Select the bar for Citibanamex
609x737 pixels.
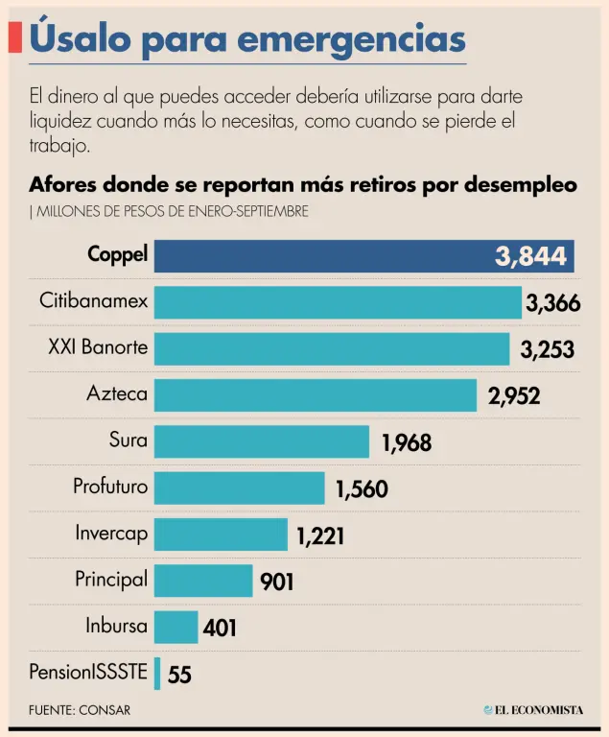coord(338,302)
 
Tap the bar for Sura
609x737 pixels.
coord(262,441)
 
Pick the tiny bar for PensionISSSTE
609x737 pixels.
coord(157,673)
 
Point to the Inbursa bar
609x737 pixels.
coord(176,627)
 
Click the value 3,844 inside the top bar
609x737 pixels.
coord(531,256)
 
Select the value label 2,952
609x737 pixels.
coord(514,395)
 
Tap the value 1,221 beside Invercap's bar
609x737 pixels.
coord(320,535)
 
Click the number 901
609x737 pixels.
coord(276,582)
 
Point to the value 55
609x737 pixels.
coord(179,675)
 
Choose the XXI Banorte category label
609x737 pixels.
coord(98,347)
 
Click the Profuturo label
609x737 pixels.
coord(110,487)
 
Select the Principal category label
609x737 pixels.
coord(111,580)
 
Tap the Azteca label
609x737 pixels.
coord(117,393)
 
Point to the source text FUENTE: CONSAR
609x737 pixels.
coord(80,710)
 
